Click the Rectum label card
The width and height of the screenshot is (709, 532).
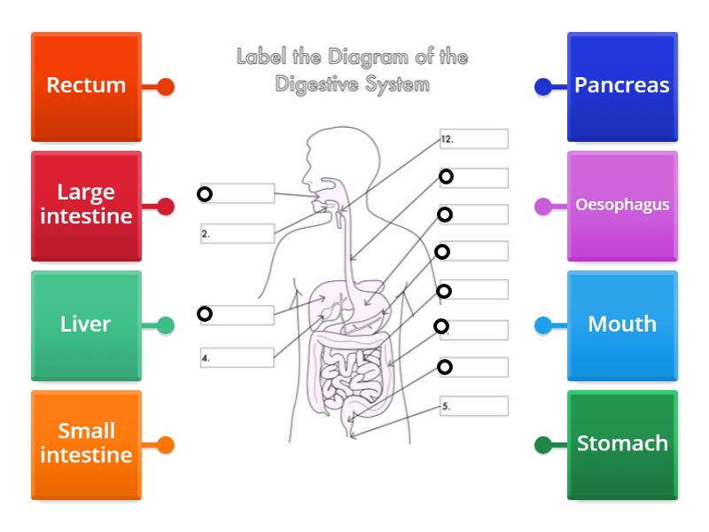(86, 86)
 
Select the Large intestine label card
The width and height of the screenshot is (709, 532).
(86, 205)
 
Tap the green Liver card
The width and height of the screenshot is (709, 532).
(86, 325)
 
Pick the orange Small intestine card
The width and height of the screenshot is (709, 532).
(86, 444)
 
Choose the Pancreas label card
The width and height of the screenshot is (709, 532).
(622, 86)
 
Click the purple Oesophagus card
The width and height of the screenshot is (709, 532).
(622, 205)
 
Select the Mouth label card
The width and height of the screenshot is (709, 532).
(622, 325)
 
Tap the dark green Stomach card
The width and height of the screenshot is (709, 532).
(622, 444)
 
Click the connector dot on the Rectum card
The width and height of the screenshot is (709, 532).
(165, 87)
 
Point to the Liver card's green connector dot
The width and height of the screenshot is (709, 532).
(165, 325)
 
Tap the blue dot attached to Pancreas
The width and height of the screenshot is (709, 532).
(543, 87)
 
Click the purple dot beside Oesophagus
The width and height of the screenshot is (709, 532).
(543, 207)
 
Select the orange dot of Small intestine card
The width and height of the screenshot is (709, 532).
(165, 445)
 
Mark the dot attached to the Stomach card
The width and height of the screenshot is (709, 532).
(543, 445)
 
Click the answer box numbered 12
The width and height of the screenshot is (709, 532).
(474, 139)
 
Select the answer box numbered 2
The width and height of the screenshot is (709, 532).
(238, 234)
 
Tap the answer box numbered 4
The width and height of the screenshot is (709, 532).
(238, 358)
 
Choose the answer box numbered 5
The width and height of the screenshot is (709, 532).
(474, 406)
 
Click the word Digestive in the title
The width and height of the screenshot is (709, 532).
(321, 85)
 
